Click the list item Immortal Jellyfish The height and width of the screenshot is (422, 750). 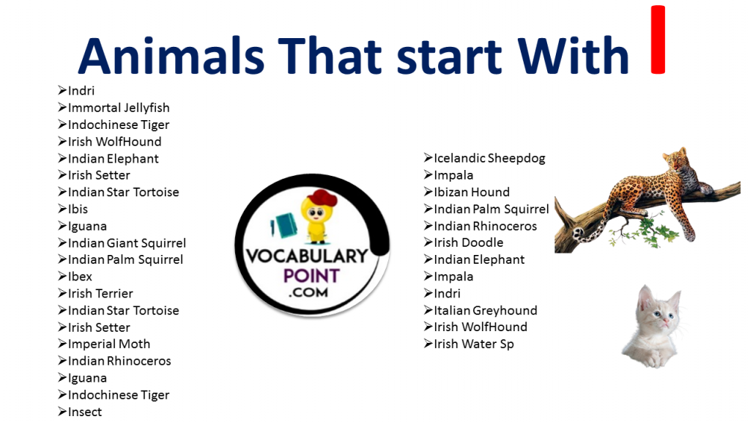tap(119, 108)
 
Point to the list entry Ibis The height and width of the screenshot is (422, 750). tap(78, 209)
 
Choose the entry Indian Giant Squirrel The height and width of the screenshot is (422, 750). tap(127, 243)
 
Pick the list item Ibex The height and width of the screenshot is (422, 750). tap(80, 276)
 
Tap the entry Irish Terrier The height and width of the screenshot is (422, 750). tap(100, 293)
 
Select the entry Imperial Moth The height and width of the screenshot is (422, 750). tap(108, 344)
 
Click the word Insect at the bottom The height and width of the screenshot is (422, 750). tap(85, 411)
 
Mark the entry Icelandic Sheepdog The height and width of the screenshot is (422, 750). tap(489, 158)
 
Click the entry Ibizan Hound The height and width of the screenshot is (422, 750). tap(472, 192)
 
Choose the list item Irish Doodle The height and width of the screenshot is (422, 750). tap(469, 243)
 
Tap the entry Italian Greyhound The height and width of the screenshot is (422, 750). tap(485, 310)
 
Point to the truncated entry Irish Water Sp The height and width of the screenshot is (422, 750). tap(474, 344)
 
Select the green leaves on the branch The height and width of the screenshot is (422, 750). tap(663, 233)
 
